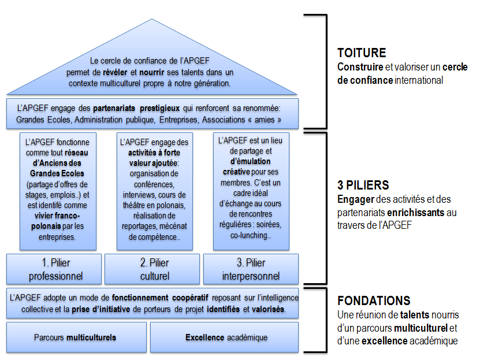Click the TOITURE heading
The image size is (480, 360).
coord(362,53)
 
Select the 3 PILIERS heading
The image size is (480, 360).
coord(363,185)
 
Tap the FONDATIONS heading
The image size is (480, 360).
coord(374,300)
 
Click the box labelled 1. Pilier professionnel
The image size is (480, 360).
coord(54,269)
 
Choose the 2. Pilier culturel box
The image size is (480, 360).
coord(152,269)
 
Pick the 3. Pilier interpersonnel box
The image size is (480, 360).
coord(251,269)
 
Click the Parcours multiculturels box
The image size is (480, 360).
coord(76,337)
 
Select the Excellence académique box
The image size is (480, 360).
coord(224,337)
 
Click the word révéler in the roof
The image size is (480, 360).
coord(115,73)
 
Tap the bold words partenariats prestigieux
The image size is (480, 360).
coord(136,109)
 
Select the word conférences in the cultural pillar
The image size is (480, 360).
coord(154,184)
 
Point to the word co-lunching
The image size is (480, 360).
coord(251,235)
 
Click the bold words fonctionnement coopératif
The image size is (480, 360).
coord(160,298)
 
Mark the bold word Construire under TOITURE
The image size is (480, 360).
coord(360,67)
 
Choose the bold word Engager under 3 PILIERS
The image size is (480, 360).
coord(356,199)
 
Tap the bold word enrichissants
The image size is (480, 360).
coord(416,213)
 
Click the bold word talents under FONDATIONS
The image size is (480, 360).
coord(415,315)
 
